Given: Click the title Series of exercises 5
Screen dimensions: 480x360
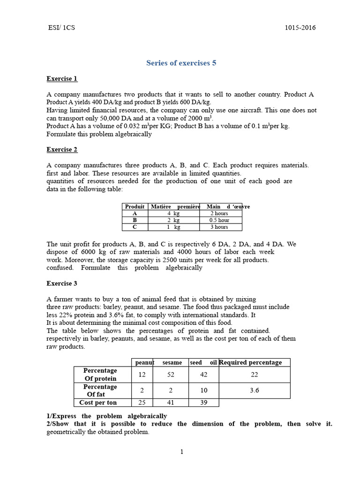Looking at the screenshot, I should pos(181,63).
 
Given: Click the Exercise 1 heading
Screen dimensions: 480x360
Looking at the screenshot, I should pos(62,78).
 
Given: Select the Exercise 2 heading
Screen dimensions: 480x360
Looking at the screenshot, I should pos(62,150).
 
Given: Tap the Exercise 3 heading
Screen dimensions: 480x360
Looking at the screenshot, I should pos(62,283).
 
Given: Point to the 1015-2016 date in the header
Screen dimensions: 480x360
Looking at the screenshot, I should pos(300,28).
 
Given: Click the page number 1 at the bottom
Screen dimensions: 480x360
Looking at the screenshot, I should pos(181,451).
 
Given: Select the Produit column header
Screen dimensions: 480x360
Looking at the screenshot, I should pos(135,206).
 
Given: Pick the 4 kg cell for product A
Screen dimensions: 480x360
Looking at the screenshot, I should pos(173,213).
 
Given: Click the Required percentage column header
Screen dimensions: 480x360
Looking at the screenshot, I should pos(254,362).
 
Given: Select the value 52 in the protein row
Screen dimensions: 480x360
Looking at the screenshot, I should pos(172,374).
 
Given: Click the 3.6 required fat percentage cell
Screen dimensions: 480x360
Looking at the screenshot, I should pos(254,390).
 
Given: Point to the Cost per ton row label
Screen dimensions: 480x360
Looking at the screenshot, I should pos(98,403).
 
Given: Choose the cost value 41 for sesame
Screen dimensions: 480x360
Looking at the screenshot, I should pos(172,403).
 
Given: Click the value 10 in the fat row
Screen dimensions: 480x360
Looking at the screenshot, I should pos(203,390).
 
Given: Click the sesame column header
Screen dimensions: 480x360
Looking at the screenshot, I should pos(172,362).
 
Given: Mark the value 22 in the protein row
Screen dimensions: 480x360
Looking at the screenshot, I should pos(254,374).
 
